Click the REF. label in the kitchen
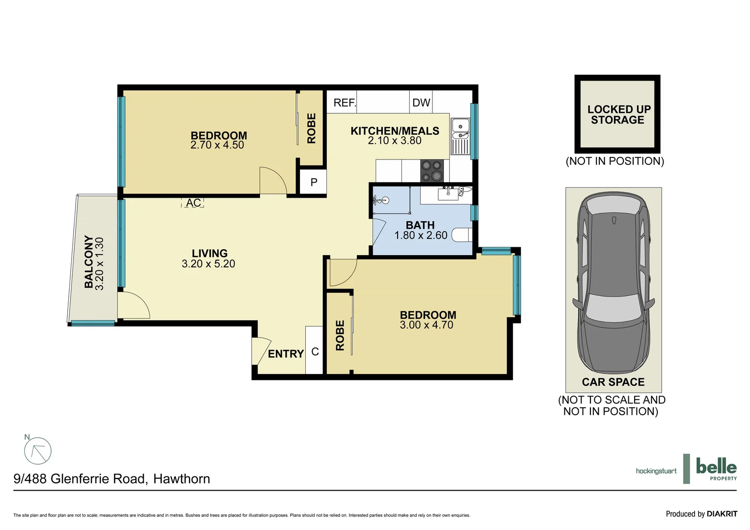click(344, 103)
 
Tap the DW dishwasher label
click(421, 103)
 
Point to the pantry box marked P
click(314, 183)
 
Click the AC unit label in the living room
click(193, 203)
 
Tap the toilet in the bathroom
click(461, 235)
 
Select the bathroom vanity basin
click(448, 194)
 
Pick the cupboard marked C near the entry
click(315, 351)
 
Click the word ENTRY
click(286, 354)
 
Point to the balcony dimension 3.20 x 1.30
click(100, 264)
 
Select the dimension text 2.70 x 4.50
click(217, 145)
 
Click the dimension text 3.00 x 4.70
click(427, 325)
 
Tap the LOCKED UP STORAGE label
click(618, 115)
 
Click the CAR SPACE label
click(613, 382)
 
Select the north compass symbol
click(38, 450)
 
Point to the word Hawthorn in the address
click(182, 479)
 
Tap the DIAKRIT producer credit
click(722, 514)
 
